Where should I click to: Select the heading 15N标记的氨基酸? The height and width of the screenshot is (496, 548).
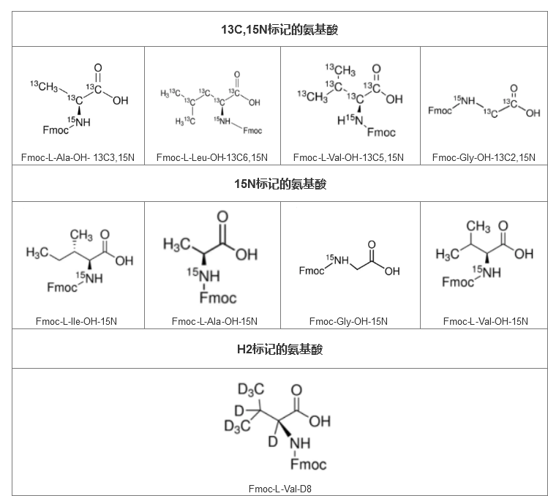(280, 184)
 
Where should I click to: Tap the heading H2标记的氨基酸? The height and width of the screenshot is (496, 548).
(280, 349)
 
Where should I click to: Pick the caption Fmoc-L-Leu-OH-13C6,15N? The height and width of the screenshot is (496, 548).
(212, 157)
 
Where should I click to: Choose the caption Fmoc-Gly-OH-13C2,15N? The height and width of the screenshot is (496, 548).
(484, 157)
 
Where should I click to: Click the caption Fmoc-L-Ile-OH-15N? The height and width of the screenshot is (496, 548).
(76, 321)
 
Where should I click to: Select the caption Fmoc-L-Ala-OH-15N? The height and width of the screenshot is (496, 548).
(214, 321)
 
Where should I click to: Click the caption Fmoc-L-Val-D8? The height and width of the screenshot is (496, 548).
(280, 489)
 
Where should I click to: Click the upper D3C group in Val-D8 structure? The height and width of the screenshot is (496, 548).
(250, 391)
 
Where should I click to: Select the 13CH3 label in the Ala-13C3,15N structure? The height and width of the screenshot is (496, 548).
(45, 86)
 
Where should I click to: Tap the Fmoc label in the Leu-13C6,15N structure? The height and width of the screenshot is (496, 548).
(251, 130)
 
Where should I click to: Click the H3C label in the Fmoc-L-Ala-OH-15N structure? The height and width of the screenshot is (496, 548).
(176, 244)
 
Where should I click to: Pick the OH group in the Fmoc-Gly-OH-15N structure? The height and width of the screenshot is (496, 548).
(392, 271)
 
